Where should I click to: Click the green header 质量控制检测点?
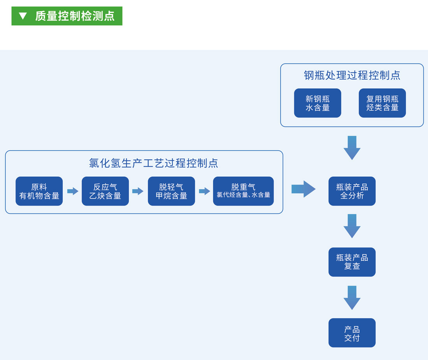tap(74, 16)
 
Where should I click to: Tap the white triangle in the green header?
tap(23, 16)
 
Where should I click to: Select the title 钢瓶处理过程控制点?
tap(352, 75)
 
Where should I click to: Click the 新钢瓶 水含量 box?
tap(317, 103)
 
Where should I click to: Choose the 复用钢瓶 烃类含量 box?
tap(382, 103)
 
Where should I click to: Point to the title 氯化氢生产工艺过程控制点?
tap(153, 163)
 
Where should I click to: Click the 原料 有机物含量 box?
tap(39, 191)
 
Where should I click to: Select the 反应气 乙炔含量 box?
tap(105, 191)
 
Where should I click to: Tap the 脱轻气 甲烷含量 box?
tap(171, 191)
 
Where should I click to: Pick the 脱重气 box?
tap(243, 191)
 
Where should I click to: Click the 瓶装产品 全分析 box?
tap(352, 191)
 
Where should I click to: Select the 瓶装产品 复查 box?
tap(352, 262)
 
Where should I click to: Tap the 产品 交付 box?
tap(352, 333)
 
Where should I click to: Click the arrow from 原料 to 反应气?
tap(72, 191)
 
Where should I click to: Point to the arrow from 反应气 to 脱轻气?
tap(138, 191)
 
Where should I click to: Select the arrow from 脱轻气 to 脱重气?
tap(204, 191)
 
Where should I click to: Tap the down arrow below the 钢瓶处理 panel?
tap(352, 148)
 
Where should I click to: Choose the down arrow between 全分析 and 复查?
tap(352, 226)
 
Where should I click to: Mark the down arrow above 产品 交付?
tap(352, 298)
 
